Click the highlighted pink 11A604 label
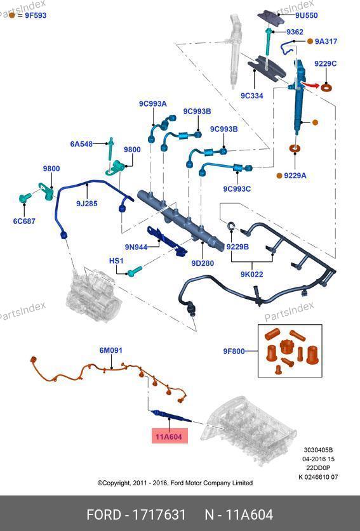click(169, 436)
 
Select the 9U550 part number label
click(307, 15)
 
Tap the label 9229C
click(326, 63)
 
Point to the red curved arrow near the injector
click(310, 84)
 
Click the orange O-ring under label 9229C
click(326, 88)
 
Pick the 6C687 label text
click(24, 221)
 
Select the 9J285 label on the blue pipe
click(87, 204)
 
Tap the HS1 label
click(116, 261)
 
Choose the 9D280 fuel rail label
click(203, 263)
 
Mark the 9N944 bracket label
click(137, 247)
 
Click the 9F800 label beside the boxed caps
click(234, 351)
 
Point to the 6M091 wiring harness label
click(111, 350)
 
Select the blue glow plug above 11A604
click(171, 416)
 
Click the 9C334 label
click(252, 96)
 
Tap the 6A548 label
click(81, 144)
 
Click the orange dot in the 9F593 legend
click(12, 15)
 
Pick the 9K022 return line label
click(252, 274)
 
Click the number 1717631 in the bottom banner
click(159, 515)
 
